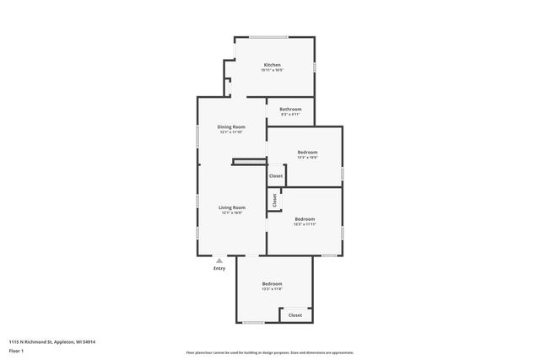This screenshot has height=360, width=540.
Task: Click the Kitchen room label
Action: click(x=272, y=65)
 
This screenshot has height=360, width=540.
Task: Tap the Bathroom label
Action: click(x=291, y=108)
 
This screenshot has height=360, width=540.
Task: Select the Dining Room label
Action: click(x=231, y=126)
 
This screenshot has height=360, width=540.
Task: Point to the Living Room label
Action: click(x=232, y=207)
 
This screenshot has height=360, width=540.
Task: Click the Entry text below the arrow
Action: click(x=219, y=268)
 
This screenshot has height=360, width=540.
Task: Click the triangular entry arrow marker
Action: click(x=219, y=261)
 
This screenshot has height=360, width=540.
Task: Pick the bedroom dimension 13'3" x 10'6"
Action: click(x=307, y=158)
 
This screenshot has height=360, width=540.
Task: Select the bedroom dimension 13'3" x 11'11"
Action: click(x=305, y=224)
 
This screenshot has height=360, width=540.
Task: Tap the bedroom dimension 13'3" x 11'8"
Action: click(x=272, y=289)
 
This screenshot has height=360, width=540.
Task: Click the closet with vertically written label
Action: click(x=274, y=200)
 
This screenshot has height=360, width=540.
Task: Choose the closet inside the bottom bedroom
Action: click(x=295, y=314)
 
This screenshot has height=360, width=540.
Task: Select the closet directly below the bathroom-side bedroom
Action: click(x=276, y=175)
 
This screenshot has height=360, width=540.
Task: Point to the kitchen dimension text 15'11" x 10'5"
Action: click(x=272, y=71)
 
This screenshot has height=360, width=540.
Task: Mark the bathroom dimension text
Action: click(x=291, y=114)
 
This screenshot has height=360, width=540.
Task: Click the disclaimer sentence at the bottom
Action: click(x=269, y=352)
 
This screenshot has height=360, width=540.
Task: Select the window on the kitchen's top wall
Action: click(x=267, y=36)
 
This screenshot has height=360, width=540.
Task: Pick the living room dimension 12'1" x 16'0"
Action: click(x=232, y=213)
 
